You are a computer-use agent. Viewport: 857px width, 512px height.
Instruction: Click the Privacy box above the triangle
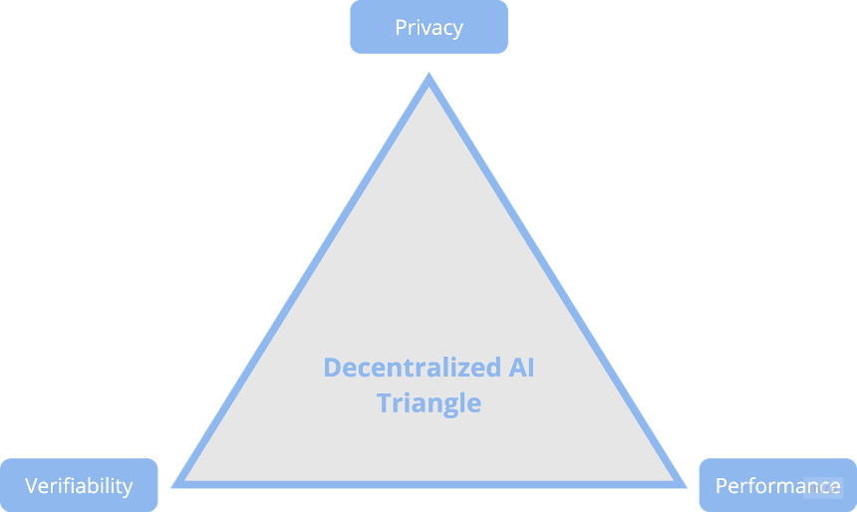(429, 27)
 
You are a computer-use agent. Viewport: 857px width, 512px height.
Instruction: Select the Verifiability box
(79, 485)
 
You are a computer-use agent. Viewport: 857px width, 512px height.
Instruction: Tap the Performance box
(777, 485)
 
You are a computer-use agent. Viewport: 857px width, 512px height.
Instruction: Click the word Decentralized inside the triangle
(413, 368)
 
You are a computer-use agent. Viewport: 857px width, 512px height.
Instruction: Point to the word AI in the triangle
(521, 368)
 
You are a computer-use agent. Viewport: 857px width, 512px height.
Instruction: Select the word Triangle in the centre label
(429, 403)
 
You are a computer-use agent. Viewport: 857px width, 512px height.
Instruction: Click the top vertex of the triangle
(429, 73)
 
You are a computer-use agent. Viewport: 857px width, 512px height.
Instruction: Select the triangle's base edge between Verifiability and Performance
(429, 484)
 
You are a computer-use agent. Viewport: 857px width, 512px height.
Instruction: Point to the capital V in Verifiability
(32, 485)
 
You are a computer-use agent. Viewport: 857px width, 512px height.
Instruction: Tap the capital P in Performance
(721, 485)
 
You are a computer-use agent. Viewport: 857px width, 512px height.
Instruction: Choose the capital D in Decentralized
(332, 368)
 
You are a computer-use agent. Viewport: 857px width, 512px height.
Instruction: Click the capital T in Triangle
(384, 402)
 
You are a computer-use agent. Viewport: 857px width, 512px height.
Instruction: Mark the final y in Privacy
(457, 30)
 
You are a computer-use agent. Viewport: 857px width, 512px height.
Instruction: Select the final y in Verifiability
(127, 488)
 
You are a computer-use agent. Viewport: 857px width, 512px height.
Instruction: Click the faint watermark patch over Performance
(823, 487)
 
